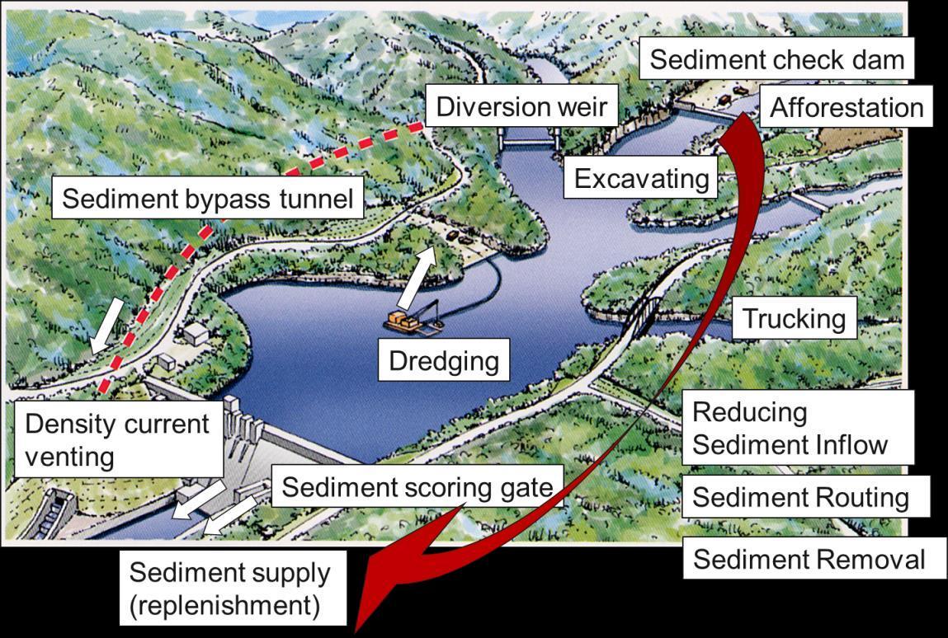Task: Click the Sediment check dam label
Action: tap(777, 60)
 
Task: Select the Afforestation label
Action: tap(847, 108)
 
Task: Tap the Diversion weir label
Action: tap(521, 107)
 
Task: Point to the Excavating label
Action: tap(641, 179)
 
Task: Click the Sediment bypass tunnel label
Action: tap(207, 199)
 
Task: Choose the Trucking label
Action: tap(794, 319)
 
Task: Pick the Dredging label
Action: tap(444, 361)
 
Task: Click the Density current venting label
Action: tap(117, 440)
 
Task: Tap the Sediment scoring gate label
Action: tap(417, 487)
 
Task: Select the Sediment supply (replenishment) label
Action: tap(229, 589)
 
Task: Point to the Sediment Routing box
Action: tap(799, 497)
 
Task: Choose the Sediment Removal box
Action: tap(809, 560)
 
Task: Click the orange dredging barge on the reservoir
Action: tap(411, 321)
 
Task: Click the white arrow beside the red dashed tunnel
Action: tap(107, 326)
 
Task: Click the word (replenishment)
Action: tap(224, 606)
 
